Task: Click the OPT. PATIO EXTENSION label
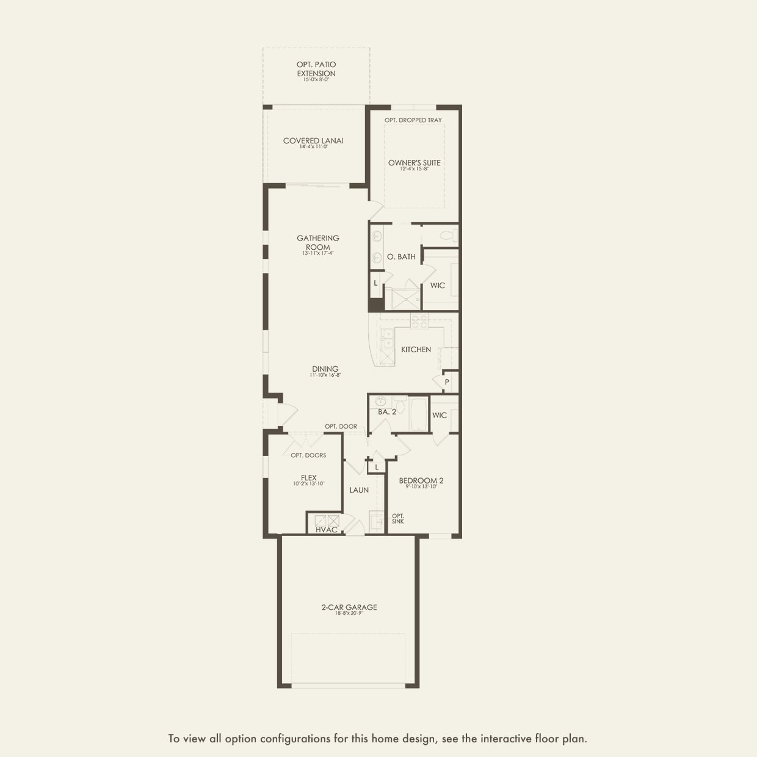point(316,69)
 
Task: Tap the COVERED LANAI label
point(313,141)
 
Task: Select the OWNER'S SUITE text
point(415,163)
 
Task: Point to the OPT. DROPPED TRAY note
point(413,120)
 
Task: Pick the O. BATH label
point(401,257)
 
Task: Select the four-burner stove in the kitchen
point(419,321)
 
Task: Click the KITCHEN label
point(416,350)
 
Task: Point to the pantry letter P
point(447,382)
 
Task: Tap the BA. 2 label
point(387,412)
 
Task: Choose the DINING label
point(325,369)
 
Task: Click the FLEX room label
point(309,479)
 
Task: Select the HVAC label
point(327,530)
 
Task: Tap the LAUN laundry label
point(359,490)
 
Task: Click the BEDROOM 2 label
point(421,481)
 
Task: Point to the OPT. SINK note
point(398,519)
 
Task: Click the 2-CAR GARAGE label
point(349,607)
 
